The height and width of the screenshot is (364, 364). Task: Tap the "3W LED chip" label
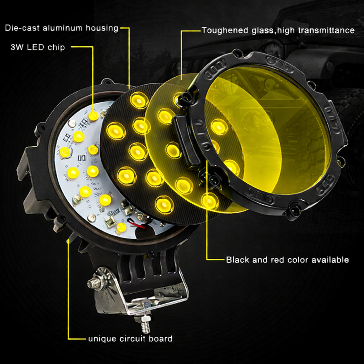click(38, 47)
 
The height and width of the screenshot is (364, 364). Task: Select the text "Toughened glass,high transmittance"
click(278, 31)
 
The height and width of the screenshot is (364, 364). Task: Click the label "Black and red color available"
click(287, 260)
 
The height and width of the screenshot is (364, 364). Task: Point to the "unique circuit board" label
click(130, 339)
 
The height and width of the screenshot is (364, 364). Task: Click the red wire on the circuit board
click(137, 225)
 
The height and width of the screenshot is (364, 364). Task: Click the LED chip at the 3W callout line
click(93, 116)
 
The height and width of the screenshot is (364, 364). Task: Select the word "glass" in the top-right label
click(263, 31)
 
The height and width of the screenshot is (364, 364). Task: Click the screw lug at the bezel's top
click(237, 54)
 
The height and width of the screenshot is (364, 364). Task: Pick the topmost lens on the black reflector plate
click(139, 100)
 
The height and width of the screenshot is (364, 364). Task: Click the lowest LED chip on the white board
click(121, 227)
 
